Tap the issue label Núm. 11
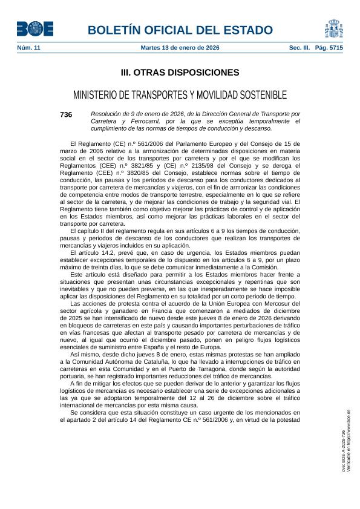click(28, 48)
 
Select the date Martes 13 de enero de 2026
click(180, 48)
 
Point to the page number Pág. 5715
click(329, 48)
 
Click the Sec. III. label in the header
click(300, 48)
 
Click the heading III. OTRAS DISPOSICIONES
click(180, 73)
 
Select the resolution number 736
click(66, 114)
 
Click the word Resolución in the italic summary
click(109, 114)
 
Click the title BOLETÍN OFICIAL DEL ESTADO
click(180, 30)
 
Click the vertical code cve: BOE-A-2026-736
click(342, 452)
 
